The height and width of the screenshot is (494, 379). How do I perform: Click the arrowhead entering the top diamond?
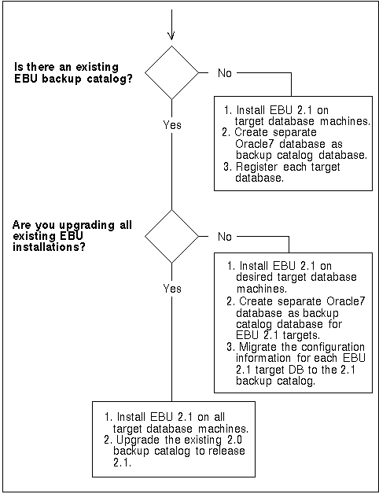pyautogui.click(x=171, y=36)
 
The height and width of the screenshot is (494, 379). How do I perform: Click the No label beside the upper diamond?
pyautogui.click(x=225, y=73)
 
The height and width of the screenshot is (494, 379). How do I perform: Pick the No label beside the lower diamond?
pyautogui.click(x=225, y=237)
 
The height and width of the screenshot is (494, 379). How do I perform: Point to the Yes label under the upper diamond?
pyautogui.click(x=172, y=125)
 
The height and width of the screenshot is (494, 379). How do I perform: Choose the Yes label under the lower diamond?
pyautogui.click(x=172, y=288)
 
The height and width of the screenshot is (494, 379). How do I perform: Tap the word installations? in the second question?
pyautogui.click(x=49, y=247)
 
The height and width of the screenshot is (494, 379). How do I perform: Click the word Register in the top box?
pyautogui.click(x=257, y=167)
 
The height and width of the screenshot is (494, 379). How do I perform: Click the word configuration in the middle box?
pyautogui.click(x=333, y=347)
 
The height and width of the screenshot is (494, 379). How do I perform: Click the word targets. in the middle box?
pyautogui.click(x=301, y=335)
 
